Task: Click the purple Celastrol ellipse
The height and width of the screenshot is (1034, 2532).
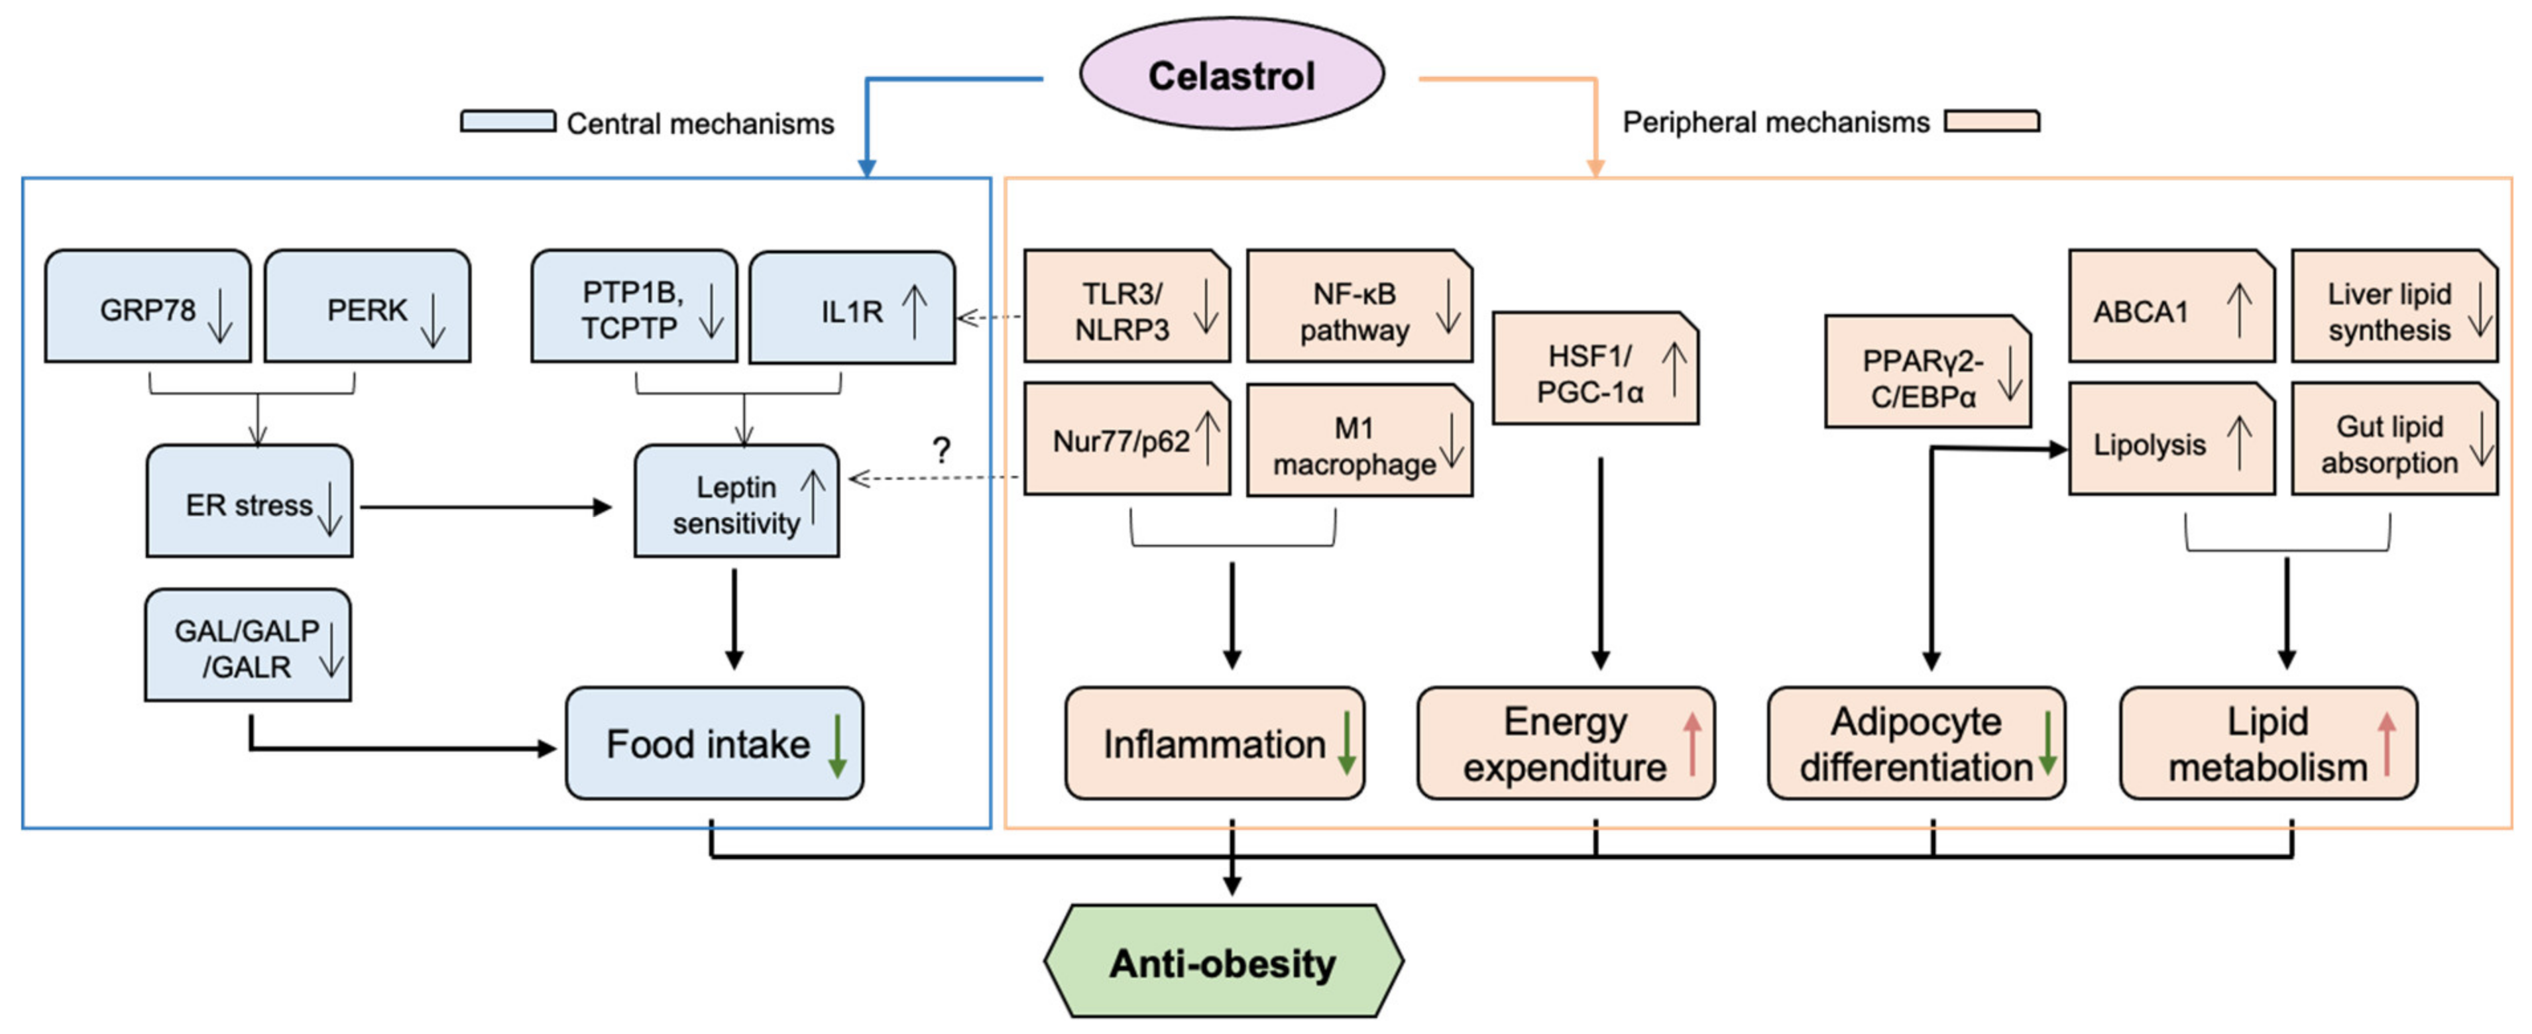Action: click(1231, 75)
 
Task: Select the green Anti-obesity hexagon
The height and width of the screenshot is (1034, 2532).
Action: click(1223, 961)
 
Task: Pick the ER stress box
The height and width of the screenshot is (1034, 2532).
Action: click(250, 501)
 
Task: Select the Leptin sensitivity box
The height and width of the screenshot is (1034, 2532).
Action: click(736, 501)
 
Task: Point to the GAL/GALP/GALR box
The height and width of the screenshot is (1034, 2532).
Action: click(248, 646)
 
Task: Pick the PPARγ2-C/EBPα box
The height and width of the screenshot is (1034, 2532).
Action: click(1927, 373)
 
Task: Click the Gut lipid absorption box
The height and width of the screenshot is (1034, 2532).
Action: click(2393, 440)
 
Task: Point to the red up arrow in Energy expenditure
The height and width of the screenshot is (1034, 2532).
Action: click(1692, 744)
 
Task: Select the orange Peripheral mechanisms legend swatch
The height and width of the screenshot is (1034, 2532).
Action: click(1991, 121)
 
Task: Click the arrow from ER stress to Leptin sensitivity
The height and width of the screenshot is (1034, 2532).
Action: click(487, 507)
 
